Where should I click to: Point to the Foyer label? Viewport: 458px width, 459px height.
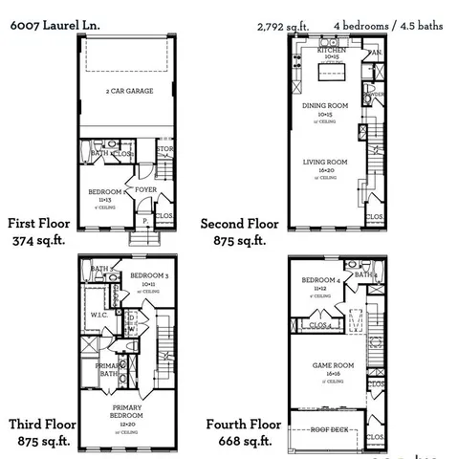pos(145,189)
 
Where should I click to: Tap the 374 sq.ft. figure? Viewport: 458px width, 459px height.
pos(38,240)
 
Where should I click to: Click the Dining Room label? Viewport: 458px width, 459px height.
pos(326,106)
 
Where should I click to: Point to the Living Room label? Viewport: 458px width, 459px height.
pos(326,164)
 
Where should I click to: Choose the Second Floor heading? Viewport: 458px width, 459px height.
pos(239,224)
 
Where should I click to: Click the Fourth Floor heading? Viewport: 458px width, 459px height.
pos(243,424)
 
